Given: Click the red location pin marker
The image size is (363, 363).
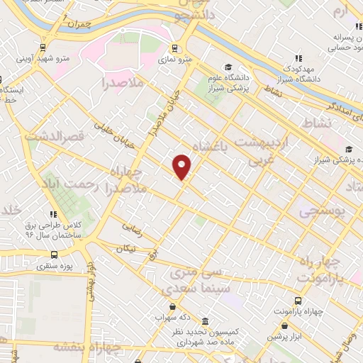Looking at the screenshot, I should click(x=182, y=167).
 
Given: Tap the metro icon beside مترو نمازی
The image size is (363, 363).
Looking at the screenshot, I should click(x=180, y=50).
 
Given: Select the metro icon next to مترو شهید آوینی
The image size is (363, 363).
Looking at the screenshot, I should click(x=44, y=48).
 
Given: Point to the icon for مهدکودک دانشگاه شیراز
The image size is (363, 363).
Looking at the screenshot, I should click(x=298, y=60).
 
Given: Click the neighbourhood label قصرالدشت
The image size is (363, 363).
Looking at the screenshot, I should click(x=55, y=133).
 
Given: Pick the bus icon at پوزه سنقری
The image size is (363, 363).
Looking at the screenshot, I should click(x=53, y=255).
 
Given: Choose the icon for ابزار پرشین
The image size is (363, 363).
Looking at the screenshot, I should click(x=267, y=337).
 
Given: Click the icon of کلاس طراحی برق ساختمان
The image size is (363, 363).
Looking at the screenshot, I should click(x=53, y=213).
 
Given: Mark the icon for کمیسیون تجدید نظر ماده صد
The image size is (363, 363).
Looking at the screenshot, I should click(x=206, y=320).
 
